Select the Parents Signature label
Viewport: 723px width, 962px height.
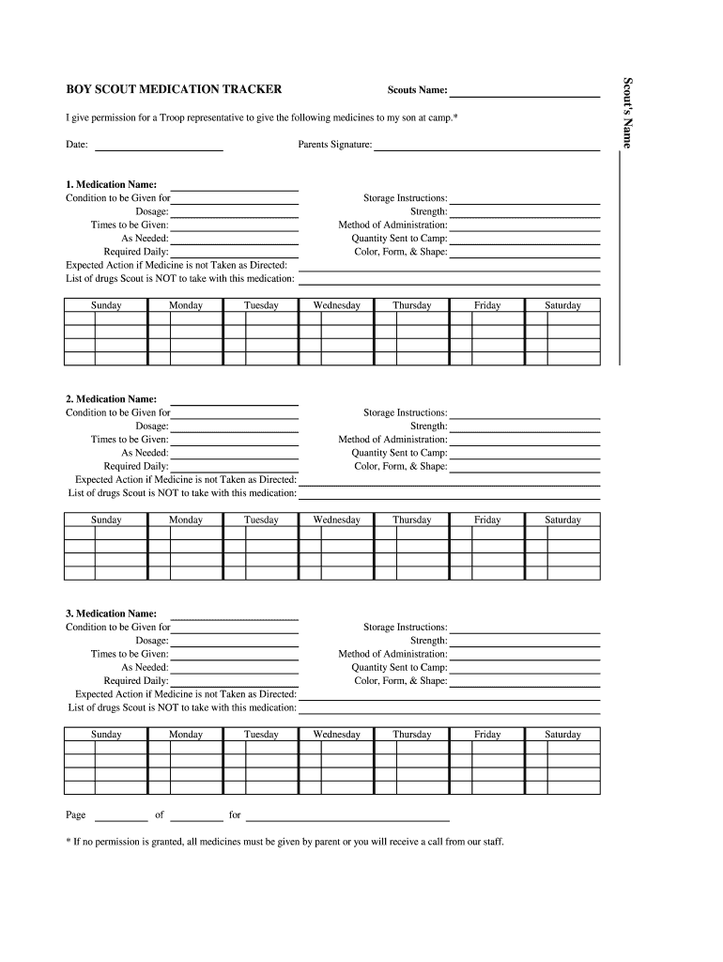pos(335,145)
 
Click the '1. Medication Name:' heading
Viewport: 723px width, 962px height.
pos(111,185)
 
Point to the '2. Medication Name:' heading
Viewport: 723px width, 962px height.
pos(111,399)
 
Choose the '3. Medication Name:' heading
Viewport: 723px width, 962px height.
pos(111,613)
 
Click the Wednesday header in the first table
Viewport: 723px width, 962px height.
pos(336,305)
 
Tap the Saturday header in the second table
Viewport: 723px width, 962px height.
pos(562,520)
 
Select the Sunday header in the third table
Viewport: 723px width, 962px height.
pos(106,735)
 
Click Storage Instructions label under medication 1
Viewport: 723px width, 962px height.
pos(406,198)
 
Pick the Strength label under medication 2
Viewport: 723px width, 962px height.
pos(428,427)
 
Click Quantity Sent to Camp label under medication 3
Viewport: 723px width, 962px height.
pos(399,667)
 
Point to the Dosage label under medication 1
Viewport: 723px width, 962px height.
pos(152,212)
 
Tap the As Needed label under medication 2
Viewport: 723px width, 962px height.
pos(145,453)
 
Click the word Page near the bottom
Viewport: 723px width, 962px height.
pos(76,815)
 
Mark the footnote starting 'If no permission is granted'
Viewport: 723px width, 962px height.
pos(285,842)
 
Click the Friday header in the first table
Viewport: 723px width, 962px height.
pos(487,305)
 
